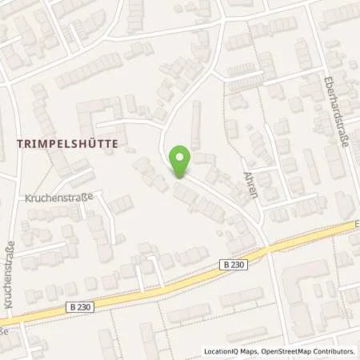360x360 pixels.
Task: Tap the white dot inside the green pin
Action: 182,157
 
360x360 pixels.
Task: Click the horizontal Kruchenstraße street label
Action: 59,197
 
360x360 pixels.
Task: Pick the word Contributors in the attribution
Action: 336,351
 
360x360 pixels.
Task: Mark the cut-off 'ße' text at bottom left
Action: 3,330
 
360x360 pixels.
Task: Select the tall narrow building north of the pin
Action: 195,126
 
